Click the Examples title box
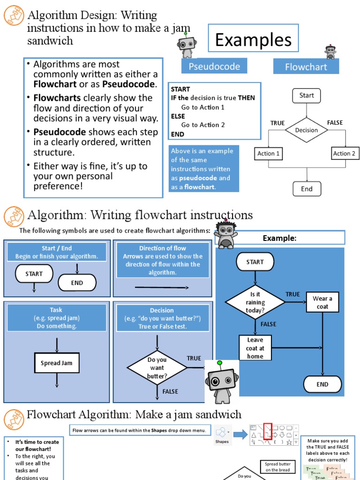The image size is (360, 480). click(253, 40)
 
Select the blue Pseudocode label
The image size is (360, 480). click(214, 67)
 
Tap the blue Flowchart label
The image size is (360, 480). click(306, 67)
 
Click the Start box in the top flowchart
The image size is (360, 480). click(307, 96)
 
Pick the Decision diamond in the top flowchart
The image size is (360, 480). click(307, 130)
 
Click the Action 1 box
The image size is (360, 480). click(269, 153)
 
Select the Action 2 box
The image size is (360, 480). click(344, 153)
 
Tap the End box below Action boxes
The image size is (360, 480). click(307, 189)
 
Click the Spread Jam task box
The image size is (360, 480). click(56, 363)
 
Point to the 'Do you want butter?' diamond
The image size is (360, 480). click(157, 367)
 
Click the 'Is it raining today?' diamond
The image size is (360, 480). click(255, 302)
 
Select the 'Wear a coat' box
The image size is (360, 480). click(322, 302)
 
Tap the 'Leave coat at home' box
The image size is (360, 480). click(255, 348)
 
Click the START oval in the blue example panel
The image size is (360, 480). click(255, 262)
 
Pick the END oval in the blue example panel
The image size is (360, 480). click(322, 384)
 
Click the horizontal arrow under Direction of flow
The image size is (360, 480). click(162, 287)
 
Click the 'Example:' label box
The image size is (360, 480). click(280, 238)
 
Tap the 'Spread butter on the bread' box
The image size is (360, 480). click(277, 467)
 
